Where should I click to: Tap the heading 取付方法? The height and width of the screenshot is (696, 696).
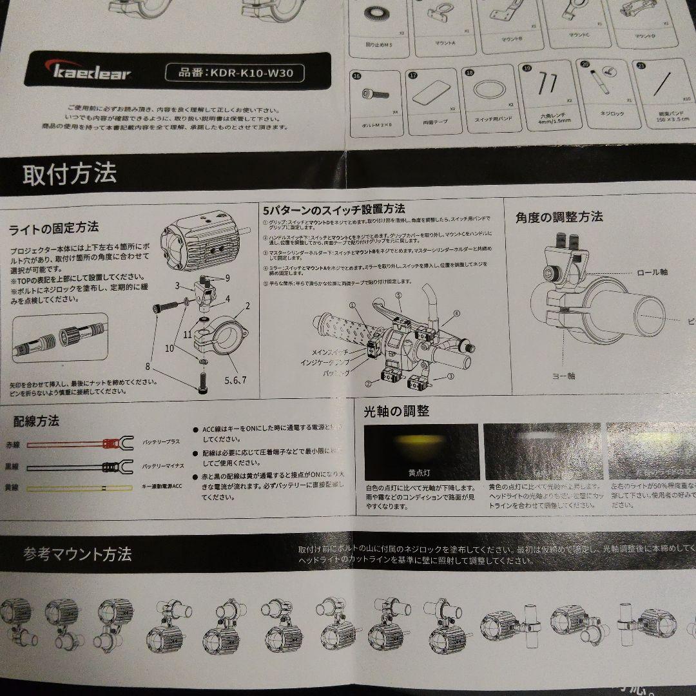point(70,174)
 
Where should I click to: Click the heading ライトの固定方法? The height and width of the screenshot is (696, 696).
point(54,227)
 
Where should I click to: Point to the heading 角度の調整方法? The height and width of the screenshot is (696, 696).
point(559,217)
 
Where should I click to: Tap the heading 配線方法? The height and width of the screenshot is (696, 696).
point(36,421)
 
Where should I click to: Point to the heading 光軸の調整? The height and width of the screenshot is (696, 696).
point(396,411)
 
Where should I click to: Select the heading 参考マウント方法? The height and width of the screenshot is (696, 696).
point(77,554)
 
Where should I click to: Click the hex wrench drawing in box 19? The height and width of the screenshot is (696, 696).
point(548,84)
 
